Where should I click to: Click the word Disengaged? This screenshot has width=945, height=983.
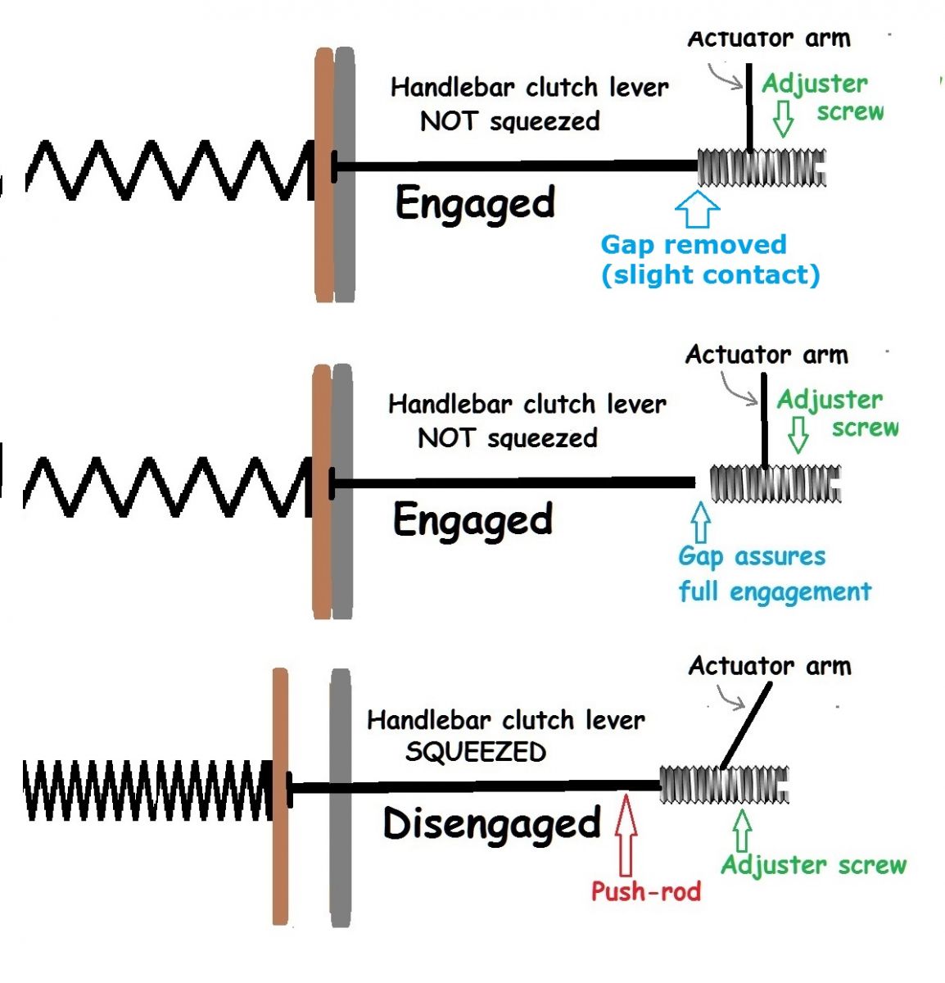click(491, 825)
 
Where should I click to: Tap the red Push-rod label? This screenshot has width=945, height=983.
click(646, 891)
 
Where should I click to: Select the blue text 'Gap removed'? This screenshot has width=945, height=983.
click(693, 244)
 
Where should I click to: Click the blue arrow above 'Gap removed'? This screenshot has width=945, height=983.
click(697, 209)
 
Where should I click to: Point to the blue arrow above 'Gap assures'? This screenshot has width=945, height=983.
click(700, 522)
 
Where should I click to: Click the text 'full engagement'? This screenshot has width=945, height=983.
click(775, 591)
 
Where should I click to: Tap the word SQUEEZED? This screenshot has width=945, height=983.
click(475, 752)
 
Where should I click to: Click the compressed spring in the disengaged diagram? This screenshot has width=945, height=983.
click(147, 790)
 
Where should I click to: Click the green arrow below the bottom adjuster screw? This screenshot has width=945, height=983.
click(742, 831)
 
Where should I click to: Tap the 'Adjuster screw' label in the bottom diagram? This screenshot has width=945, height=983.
click(813, 865)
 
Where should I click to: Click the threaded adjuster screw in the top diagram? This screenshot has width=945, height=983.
click(762, 168)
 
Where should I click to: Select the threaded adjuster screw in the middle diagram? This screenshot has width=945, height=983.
click(775, 483)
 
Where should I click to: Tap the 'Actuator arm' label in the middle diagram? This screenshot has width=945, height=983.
click(766, 355)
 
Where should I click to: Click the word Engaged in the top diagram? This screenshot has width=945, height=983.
click(475, 203)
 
